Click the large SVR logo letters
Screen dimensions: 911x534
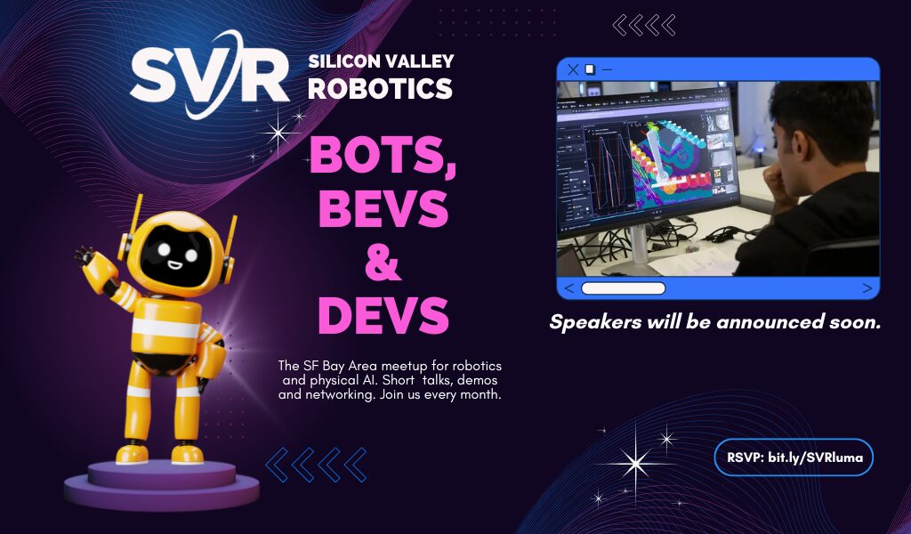[209, 75]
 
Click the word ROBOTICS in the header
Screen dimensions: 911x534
[381, 88]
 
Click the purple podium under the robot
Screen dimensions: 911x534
[162, 484]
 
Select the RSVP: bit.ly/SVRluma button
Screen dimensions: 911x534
[794, 457]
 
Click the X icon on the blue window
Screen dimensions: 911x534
[573, 69]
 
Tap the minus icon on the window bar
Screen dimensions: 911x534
[607, 69]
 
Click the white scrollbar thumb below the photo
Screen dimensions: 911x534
[624, 288]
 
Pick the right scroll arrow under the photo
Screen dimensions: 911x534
[867, 288]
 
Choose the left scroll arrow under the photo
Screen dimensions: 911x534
[569, 288]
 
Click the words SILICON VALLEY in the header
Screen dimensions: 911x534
[381, 61]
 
